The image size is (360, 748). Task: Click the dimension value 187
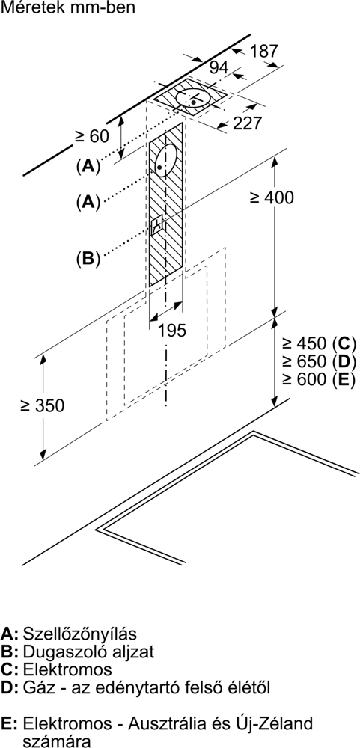263,51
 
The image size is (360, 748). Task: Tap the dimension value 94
219,68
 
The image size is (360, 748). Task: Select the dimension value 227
248,123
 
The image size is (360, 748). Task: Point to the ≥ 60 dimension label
91,136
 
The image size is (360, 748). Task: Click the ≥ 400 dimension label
272,197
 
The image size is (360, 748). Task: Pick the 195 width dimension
172,330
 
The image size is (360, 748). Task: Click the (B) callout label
88,258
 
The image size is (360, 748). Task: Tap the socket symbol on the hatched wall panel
156,224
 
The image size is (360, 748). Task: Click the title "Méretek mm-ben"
68,7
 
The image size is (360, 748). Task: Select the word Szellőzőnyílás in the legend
80,634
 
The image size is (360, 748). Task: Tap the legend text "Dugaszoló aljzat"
88,652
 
